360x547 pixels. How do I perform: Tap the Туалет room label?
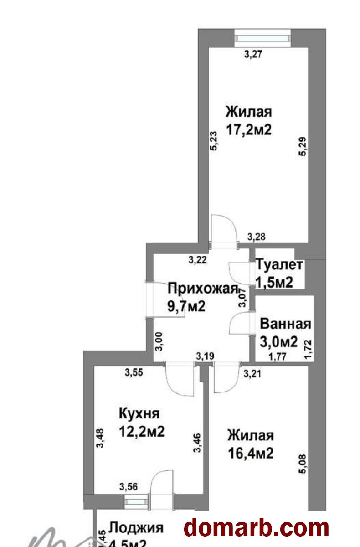click(x=279, y=265)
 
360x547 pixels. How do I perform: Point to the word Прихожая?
click(x=203, y=289)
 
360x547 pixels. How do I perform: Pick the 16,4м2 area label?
click(x=251, y=454)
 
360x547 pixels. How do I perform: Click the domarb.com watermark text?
click(x=256, y=528)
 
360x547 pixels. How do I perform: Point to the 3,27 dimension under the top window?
click(x=254, y=55)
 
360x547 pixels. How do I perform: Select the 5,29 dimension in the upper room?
click(x=302, y=147)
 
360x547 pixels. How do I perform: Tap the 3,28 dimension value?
click(x=257, y=237)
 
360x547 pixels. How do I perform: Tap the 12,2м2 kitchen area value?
click(x=141, y=431)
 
